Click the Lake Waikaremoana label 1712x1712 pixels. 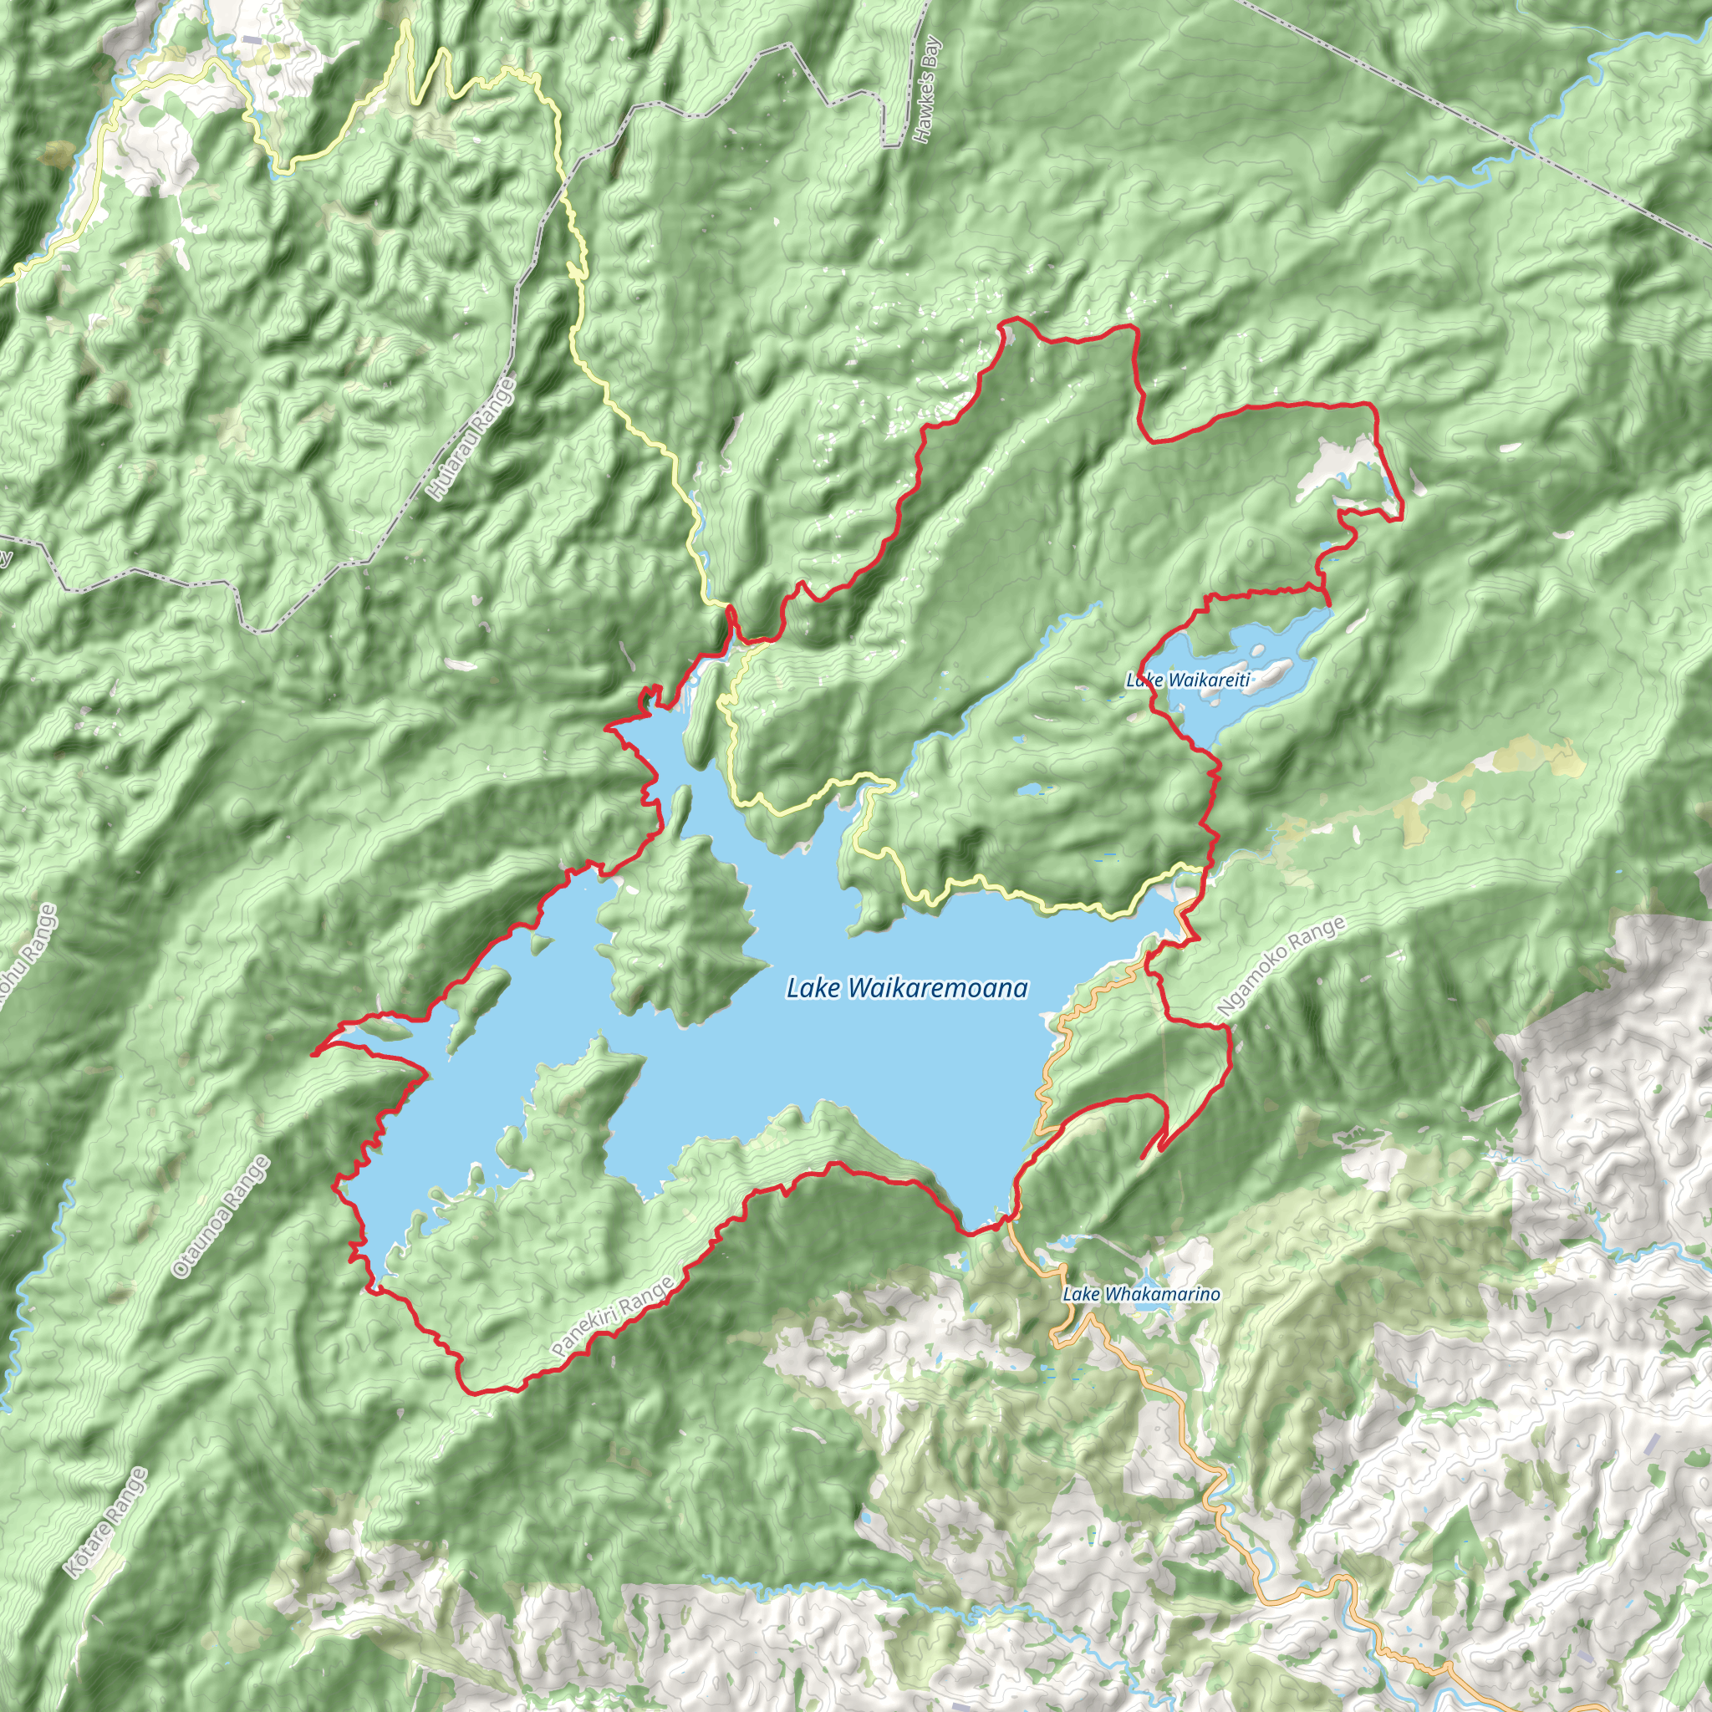[906, 988]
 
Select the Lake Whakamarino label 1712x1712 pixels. [1140, 1295]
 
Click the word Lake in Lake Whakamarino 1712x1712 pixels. [1081, 1295]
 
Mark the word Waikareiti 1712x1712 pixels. [1208, 680]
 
